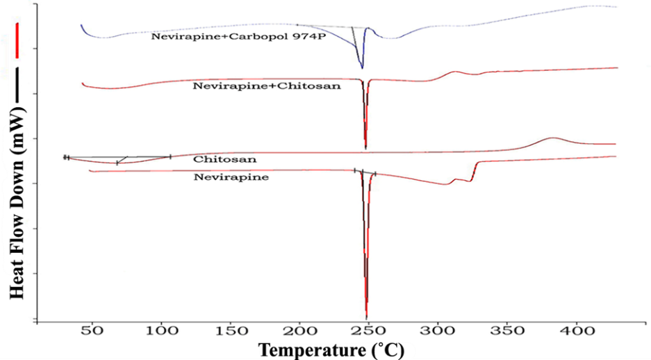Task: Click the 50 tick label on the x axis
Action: (x=92, y=334)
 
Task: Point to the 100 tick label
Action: (x=161, y=334)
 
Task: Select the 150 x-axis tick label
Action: (x=230, y=334)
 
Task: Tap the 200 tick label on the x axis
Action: (x=299, y=334)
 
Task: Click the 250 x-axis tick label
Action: (x=368, y=334)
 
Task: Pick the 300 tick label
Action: (x=438, y=334)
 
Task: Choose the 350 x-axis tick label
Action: (x=506, y=334)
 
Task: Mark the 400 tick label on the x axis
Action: (x=576, y=334)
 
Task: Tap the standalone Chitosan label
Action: (x=224, y=159)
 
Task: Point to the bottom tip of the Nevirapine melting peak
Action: (x=366, y=317)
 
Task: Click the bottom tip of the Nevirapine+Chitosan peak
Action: (x=365, y=147)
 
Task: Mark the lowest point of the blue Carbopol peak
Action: (x=362, y=67)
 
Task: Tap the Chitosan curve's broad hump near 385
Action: (x=553, y=138)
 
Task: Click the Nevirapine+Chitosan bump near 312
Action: (x=455, y=72)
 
